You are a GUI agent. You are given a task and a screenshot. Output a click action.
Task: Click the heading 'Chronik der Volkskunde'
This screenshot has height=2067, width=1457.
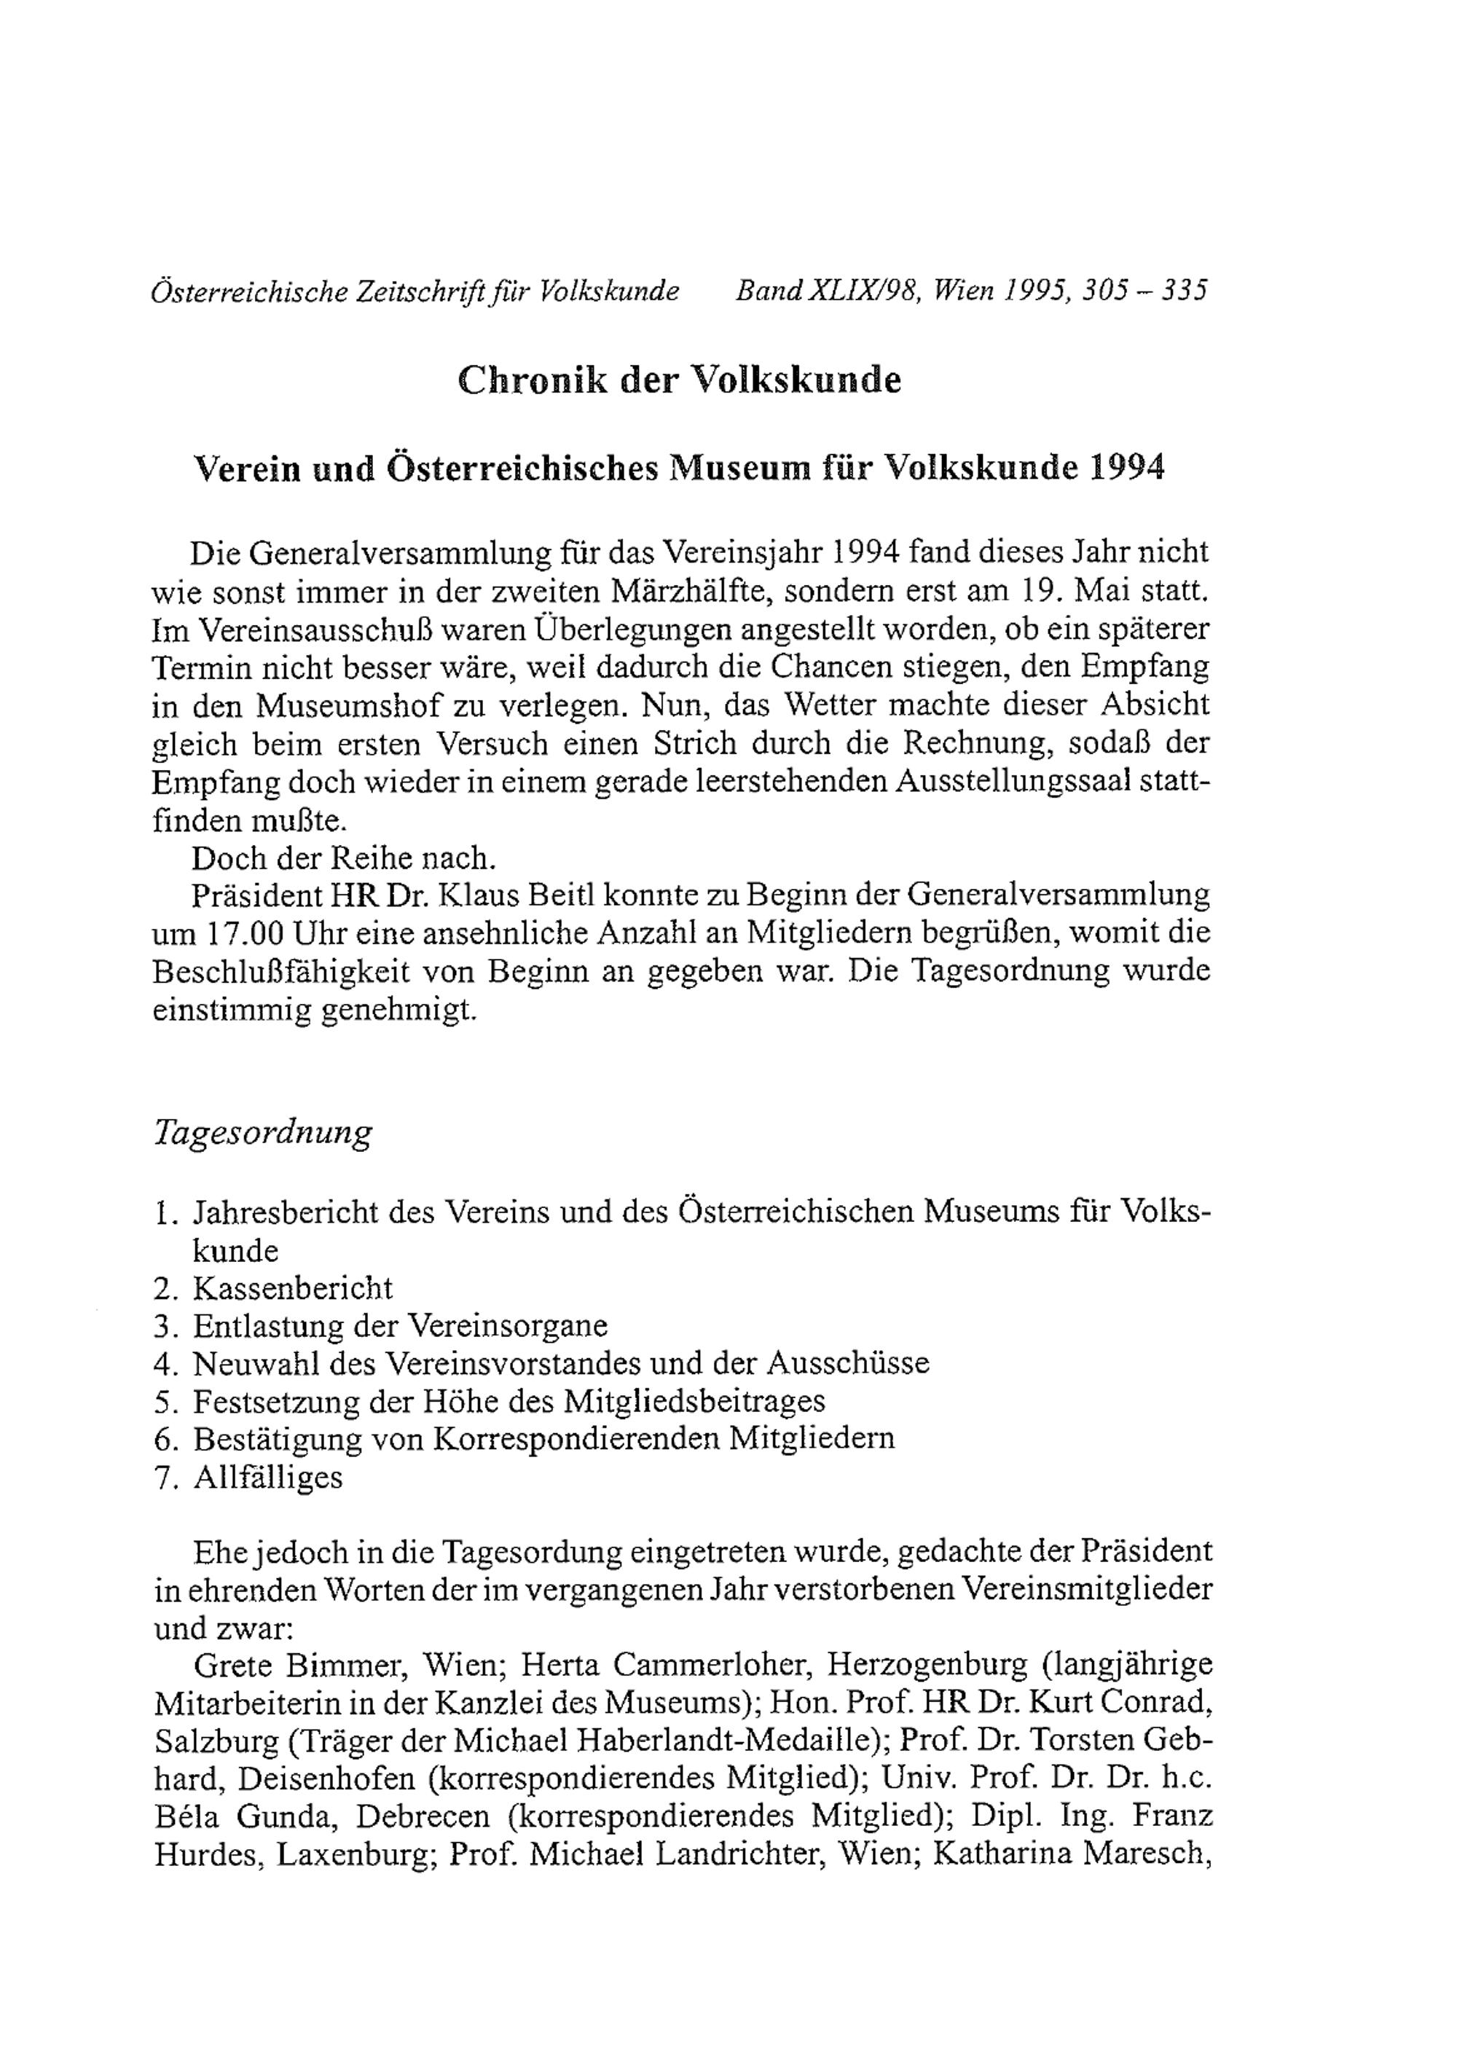pyautogui.click(x=680, y=380)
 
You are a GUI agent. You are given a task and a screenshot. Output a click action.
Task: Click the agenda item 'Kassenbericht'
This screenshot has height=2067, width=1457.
pyautogui.click(x=292, y=1288)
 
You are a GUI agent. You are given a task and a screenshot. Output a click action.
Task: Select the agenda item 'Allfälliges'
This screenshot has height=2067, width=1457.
pyautogui.click(x=267, y=1478)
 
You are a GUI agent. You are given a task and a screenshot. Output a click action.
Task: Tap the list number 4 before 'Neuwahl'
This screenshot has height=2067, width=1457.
pyautogui.click(x=163, y=1364)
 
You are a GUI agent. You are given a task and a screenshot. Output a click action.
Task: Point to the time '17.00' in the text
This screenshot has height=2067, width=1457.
pyautogui.click(x=240, y=933)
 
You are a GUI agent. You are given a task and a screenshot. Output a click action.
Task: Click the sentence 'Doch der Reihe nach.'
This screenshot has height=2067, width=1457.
pyautogui.click(x=343, y=858)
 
